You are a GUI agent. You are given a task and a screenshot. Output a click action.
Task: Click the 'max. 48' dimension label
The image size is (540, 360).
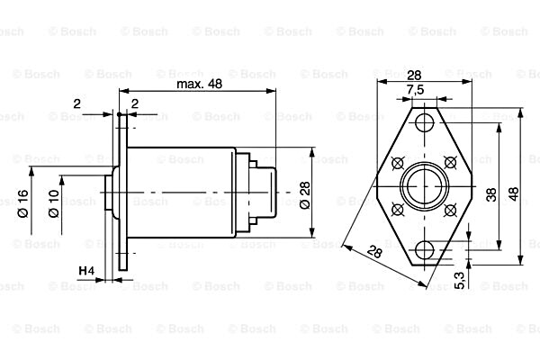(199, 84)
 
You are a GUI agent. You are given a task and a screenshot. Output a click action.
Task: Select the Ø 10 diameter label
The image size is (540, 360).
(54, 203)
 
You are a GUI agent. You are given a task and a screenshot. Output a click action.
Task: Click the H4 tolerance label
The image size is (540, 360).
(86, 270)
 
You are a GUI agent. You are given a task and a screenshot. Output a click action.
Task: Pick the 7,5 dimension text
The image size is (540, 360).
(415, 90)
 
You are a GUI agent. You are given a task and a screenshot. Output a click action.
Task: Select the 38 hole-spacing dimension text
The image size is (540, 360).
(491, 195)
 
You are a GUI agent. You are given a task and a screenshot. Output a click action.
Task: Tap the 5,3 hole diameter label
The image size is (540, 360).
(461, 281)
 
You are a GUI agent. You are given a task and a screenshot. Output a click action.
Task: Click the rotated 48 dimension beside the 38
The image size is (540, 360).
(513, 194)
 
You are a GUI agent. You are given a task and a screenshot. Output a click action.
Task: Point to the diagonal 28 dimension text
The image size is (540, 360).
(374, 253)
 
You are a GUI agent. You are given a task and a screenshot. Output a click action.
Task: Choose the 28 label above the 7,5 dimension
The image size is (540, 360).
(415, 76)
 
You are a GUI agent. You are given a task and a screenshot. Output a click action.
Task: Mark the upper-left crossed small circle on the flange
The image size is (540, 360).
(397, 163)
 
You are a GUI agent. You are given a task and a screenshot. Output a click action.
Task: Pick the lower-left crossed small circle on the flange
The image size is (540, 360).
(397, 208)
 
